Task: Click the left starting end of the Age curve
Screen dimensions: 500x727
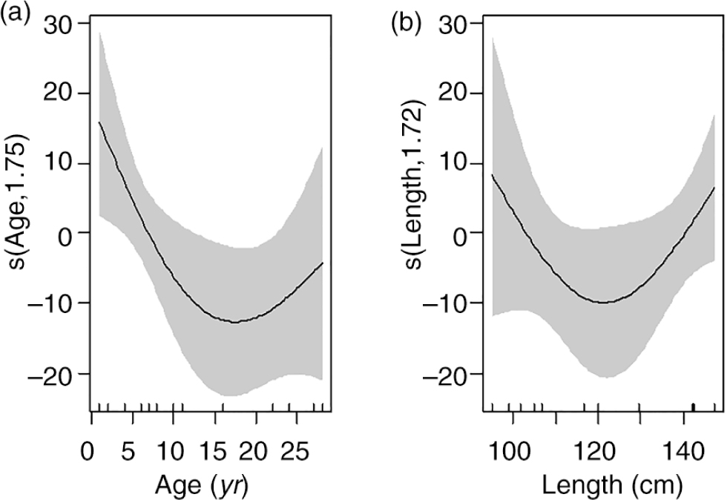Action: tap(99, 122)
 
